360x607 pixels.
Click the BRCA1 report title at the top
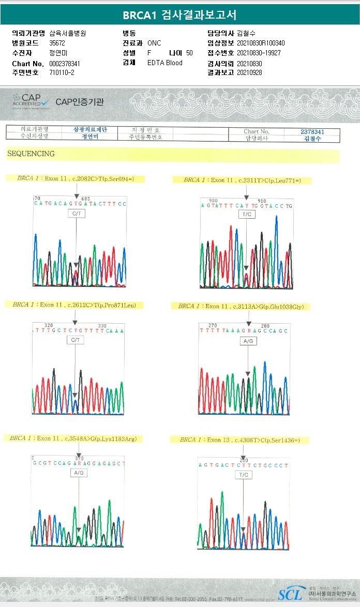179,15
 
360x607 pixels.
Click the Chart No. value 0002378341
65,64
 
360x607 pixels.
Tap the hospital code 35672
57,43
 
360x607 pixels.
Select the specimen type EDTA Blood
164,63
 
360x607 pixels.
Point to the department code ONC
154,43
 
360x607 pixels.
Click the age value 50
189,53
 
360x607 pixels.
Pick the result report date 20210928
249,72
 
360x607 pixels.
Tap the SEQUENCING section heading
31,154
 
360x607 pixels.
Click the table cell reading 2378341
312,131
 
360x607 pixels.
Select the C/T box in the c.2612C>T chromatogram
76,340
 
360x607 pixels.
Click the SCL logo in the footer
290,594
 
